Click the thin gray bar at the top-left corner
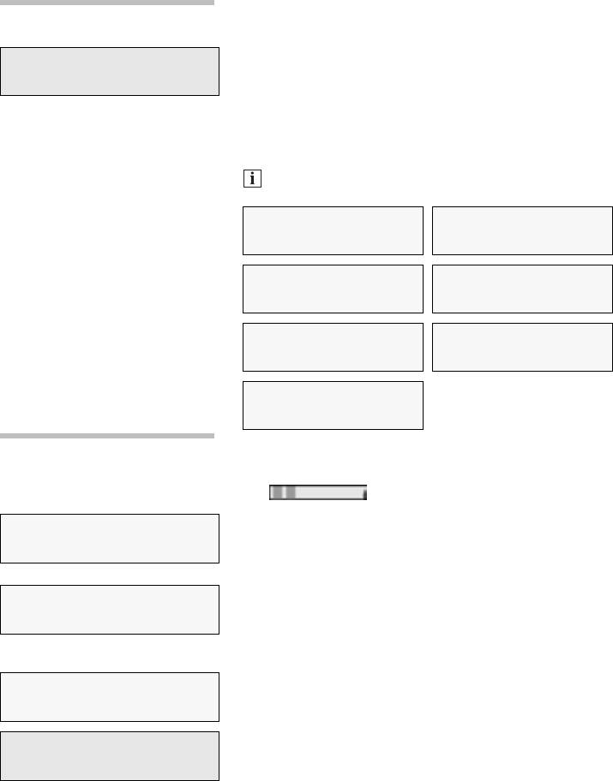pyautogui.click(x=106, y=3)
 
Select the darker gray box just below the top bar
pyautogui.click(x=110, y=71)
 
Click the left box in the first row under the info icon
pyautogui.click(x=333, y=230)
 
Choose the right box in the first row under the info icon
pyautogui.click(x=523, y=230)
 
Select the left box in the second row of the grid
pyautogui.click(x=333, y=289)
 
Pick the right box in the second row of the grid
pyautogui.click(x=523, y=289)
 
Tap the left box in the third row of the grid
pyautogui.click(x=333, y=347)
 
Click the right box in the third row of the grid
pyautogui.click(x=523, y=347)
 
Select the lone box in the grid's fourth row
pyautogui.click(x=333, y=405)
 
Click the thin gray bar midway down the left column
pyautogui.click(x=106, y=436)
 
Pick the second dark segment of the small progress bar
pyautogui.click(x=290, y=493)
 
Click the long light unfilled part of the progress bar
pyautogui.click(x=329, y=493)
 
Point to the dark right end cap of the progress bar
pyautogui.click(x=364, y=493)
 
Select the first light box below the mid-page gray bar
pyautogui.click(x=110, y=539)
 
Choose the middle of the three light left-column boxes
pyautogui.click(x=110, y=610)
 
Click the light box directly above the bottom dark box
pyautogui.click(x=110, y=697)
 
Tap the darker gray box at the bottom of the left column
pyautogui.click(x=110, y=755)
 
